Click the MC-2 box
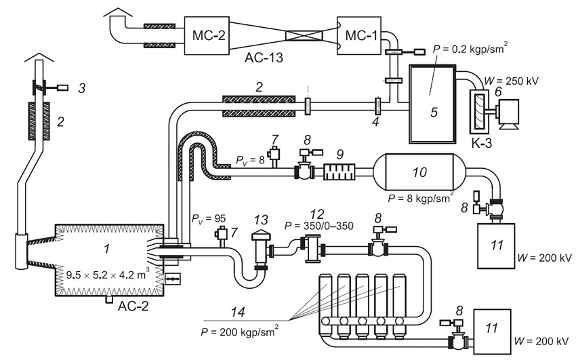click(207, 35)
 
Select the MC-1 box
click(358, 35)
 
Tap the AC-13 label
click(264, 58)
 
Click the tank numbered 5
click(432, 104)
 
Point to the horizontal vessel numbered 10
click(419, 172)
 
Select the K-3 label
click(481, 143)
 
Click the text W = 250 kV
click(511, 81)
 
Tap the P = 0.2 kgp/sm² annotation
click(470, 48)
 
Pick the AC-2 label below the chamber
click(133, 306)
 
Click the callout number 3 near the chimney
click(81, 88)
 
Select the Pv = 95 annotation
click(209, 218)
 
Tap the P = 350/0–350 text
click(319, 226)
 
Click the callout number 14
click(238, 312)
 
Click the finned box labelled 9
click(340, 172)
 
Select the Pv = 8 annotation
click(250, 160)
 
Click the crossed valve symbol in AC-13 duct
click(304, 36)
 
